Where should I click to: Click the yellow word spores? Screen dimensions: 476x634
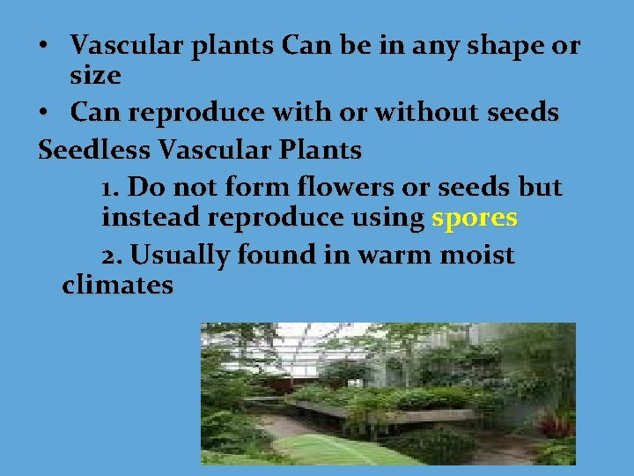[474, 218]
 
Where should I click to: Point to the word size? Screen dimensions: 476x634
[95, 76]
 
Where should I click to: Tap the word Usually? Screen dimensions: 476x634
[182, 255]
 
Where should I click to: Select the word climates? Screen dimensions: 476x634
[118, 286]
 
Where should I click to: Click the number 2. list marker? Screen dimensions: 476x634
[112, 256]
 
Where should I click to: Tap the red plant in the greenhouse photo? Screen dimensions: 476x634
[557, 427]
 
